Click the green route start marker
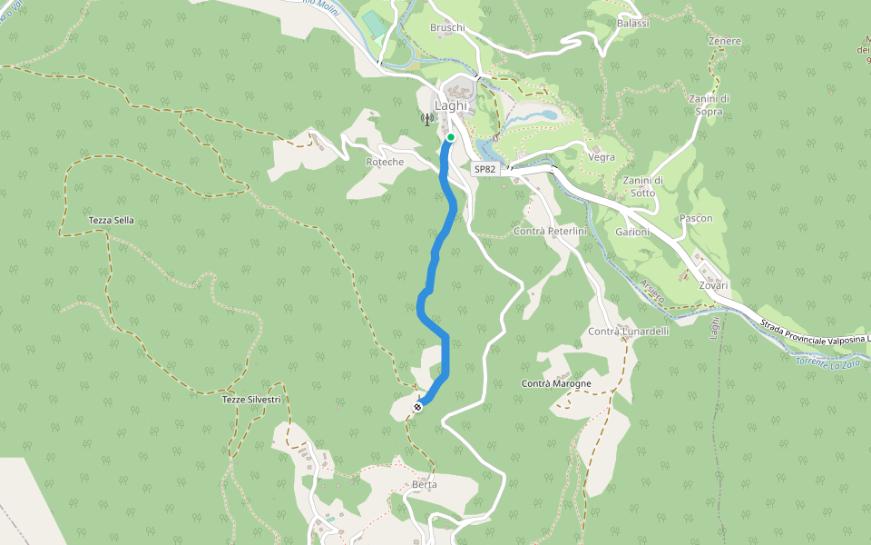tap(451, 137)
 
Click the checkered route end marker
tap(417, 407)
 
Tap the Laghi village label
tap(451, 105)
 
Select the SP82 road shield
tap(485, 169)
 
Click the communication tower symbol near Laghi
tap(426, 118)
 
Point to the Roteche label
tap(384, 162)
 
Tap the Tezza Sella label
tap(112, 221)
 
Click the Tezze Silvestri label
tap(251, 400)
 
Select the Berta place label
tap(424, 484)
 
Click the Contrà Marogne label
tap(556, 384)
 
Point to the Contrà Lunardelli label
tap(629, 332)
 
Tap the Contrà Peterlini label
tap(551, 232)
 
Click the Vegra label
tap(602, 157)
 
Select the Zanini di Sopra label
tap(710, 105)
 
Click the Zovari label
tap(714, 285)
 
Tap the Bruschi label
tap(447, 27)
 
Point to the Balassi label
tap(632, 23)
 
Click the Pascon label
tap(696, 219)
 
